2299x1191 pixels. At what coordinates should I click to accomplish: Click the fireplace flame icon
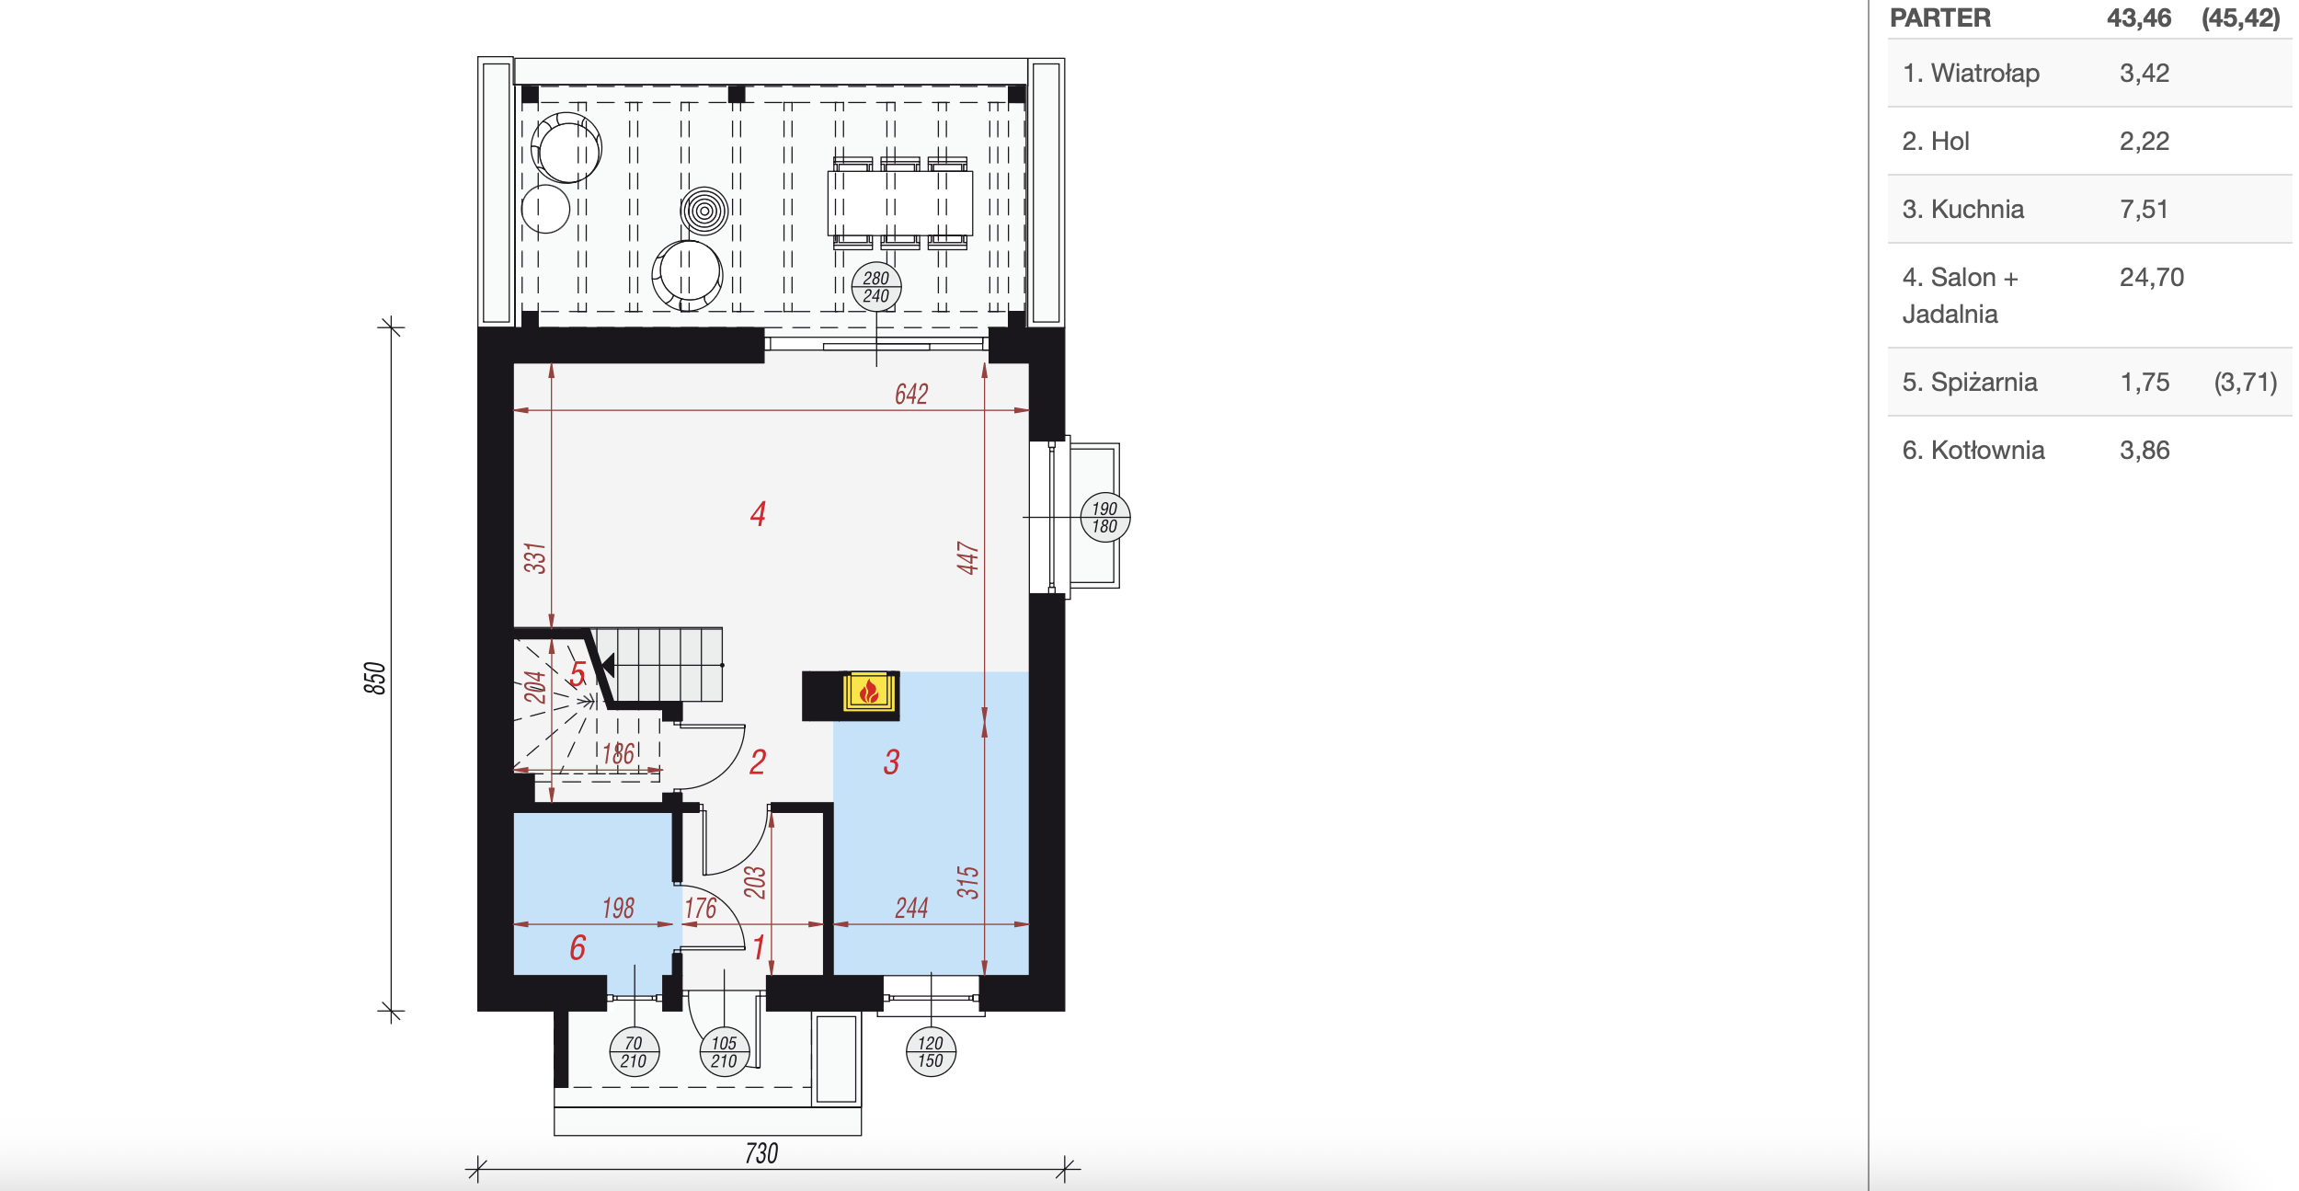point(869,691)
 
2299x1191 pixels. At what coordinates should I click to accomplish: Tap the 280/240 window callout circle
point(876,287)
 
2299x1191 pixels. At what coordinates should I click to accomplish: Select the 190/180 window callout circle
point(1104,518)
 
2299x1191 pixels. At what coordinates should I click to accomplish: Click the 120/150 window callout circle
point(931,1052)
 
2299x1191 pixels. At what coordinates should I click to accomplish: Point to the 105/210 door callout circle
point(725,1052)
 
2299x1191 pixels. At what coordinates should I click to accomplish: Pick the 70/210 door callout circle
point(635,1052)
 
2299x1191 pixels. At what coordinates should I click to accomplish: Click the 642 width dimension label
point(911,395)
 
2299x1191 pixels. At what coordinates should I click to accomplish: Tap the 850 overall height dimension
point(374,678)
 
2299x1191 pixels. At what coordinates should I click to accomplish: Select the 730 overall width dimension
point(761,1153)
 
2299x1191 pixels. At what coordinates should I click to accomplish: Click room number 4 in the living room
point(758,513)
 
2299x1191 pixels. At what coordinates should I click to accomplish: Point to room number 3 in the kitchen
point(891,762)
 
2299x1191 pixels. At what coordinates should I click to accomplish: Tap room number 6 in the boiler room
point(578,947)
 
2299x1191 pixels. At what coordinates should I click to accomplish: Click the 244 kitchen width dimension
point(911,909)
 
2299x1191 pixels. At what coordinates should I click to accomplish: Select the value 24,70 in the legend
point(2152,278)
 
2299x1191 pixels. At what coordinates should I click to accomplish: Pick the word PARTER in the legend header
point(1940,18)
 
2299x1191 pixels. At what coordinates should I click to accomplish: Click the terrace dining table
point(900,203)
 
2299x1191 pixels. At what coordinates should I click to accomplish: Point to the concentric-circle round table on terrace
point(704,211)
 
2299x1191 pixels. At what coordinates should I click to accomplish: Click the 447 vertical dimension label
point(967,558)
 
